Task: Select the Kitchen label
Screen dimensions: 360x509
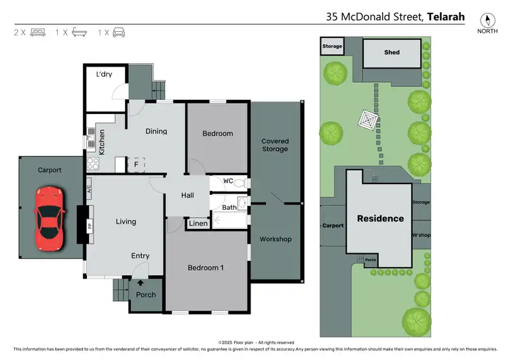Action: tap(101, 142)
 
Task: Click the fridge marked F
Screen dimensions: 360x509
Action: tap(136, 164)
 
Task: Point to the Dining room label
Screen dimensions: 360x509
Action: tap(156, 131)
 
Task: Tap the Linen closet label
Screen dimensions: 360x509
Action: tap(199, 223)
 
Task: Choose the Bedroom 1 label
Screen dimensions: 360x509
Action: tap(206, 268)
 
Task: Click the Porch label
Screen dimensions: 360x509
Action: tap(146, 295)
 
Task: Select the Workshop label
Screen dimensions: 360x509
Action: tap(275, 239)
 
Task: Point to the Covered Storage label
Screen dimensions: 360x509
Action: tap(275, 145)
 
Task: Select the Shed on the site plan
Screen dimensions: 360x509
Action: tap(392, 53)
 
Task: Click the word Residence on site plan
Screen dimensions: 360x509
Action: tap(381, 219)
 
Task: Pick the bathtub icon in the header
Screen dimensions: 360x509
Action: tap(79, 32)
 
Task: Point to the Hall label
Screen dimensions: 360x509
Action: tap(187, 196)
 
